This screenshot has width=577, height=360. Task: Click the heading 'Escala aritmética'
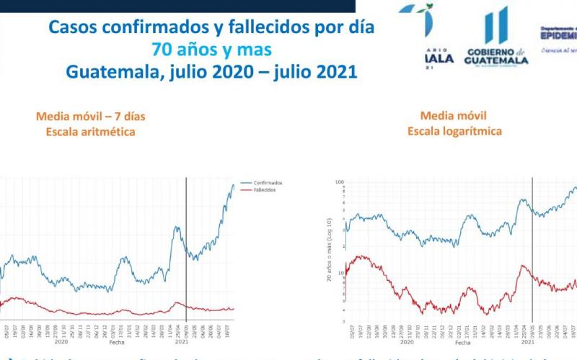tap(90, 132)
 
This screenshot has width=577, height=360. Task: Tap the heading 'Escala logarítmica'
tap(454, 131)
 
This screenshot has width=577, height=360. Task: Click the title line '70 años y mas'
tap(211, 50)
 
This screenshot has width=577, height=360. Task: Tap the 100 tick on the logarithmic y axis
tap(338, 181)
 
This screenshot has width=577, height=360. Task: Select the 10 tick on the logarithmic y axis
tap(340, 273)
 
